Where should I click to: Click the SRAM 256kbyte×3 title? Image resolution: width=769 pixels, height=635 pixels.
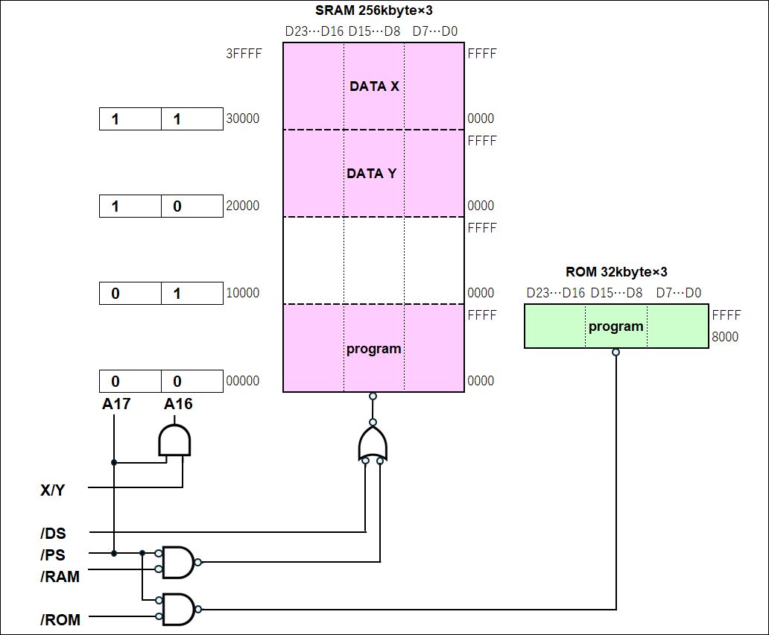coord(374,10)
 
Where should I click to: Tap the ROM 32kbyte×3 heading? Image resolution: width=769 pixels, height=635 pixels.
coord(616,271)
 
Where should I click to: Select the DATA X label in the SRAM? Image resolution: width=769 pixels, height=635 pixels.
coord(374,86)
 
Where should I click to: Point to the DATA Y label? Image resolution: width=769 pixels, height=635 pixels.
coord(371,174)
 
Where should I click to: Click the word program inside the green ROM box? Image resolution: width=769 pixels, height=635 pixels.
coord(615,326)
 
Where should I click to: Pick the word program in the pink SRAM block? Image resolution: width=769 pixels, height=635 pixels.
coord(374,349)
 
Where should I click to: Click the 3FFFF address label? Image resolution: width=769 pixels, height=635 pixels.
coord(244,54)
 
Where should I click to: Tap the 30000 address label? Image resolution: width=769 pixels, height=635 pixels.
coord(242,119)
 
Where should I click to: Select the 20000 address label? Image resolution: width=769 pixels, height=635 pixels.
coord(242,206)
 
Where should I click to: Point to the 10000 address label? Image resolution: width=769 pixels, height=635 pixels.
coord(242,293)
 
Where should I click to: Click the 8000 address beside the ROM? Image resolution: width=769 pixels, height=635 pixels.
coord(725,337)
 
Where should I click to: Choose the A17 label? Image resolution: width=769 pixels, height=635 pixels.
coord(116,403)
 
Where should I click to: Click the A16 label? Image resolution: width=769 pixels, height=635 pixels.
coord(178,403)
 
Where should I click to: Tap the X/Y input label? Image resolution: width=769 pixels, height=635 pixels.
coord(52,490)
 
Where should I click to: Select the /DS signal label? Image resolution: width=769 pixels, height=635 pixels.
coord(53,533)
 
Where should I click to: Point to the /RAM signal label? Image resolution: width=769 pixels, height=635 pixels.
coord(60,576)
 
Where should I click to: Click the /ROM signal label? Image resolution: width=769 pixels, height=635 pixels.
coord(60,619)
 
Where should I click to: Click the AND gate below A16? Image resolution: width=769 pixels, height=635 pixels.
coord(174,440)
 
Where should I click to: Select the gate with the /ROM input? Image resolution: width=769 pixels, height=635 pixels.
coord(178,609)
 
